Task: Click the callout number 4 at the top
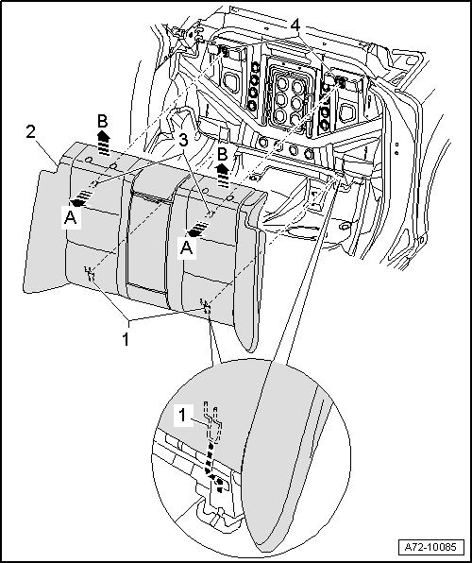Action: point(295,26)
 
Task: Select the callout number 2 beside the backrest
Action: point(31,132)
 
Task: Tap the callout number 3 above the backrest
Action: point(183,141)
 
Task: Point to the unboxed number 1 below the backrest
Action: point(126,339)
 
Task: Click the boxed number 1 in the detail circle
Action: point(183,416)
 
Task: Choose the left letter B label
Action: point(103,122)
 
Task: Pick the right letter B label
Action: point(223,155)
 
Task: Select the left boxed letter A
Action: point(71,218)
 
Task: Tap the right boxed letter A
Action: point(187,247)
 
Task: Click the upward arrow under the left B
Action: point(104,143)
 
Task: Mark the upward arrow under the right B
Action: point(224,176)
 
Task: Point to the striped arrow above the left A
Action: point(81,198)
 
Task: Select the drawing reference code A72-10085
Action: point(430,547)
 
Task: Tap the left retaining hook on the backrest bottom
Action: point(90,274)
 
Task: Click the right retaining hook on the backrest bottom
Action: point(207,306)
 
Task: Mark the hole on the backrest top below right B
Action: point(230,197)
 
